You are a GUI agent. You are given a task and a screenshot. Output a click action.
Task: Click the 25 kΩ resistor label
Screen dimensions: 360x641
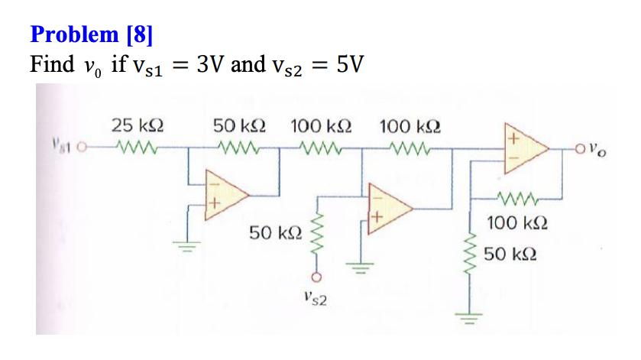coord(138,125)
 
